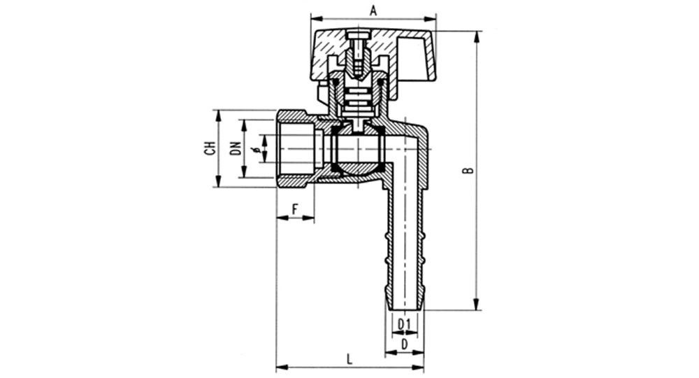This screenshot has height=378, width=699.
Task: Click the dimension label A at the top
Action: click(373, 10)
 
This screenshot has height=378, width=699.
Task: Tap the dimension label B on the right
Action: click(468, 170)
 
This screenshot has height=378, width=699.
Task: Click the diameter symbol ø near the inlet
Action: click(257, 149)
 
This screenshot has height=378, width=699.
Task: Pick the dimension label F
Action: click(295, 209)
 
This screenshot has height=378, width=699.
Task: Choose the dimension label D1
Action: click(404, 324)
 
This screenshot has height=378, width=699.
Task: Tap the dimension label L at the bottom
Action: click(349, 359)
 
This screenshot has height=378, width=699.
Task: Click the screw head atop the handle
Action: click(359, 35)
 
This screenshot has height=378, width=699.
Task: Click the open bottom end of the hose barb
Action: click(405, 309)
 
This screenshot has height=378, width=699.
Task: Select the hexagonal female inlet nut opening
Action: click(296, 148)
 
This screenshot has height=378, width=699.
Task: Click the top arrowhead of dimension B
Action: click(477, 36)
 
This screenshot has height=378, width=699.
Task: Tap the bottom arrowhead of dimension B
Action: click(477, 304)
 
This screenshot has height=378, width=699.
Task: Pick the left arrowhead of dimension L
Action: click(282, 368)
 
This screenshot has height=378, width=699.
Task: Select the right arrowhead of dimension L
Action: click(418, 368)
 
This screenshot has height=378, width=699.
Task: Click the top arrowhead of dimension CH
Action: click(218, 115)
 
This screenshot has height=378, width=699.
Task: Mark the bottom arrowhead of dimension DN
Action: click(243, 171)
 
